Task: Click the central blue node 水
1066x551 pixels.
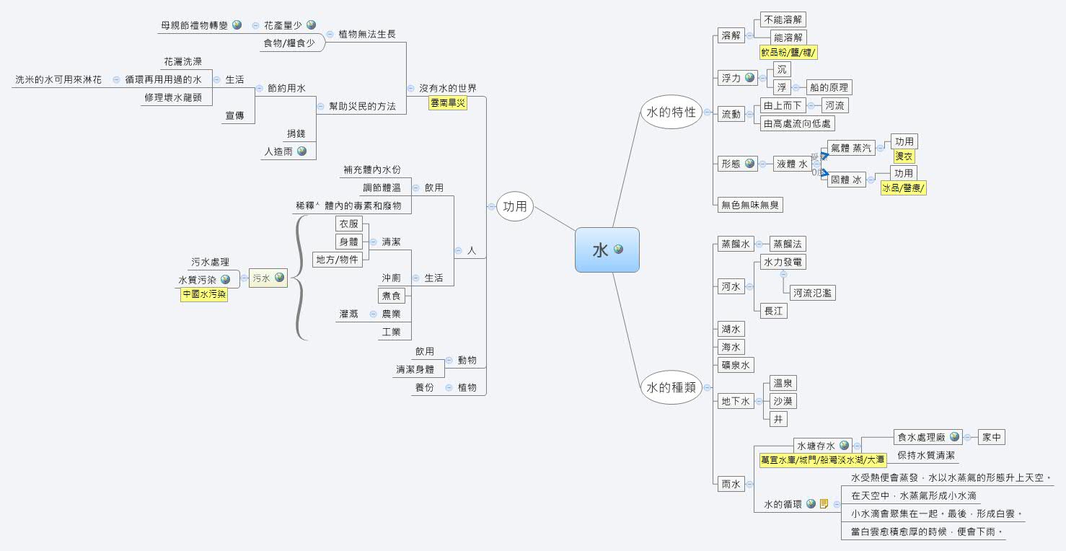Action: [x=607, y=250]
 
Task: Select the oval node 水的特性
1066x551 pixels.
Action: [x=671, y=112]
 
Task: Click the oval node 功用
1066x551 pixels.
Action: [x=514, y=207]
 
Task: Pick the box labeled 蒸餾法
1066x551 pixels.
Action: [x=787, y=244]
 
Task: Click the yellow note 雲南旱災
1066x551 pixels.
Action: [x=448, y=103]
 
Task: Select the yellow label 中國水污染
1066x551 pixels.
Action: [x=203, y=294]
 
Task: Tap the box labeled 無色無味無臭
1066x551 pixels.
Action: [x=749, y=205]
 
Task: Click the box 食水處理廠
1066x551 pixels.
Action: [x=920, y=437]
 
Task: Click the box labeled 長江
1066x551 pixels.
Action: [x=773, y=311]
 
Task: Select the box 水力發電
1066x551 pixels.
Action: [x=783, y=262]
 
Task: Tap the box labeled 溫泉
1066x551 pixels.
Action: [x=783, y=383]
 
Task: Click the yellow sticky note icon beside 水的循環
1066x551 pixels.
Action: [x=824, y=504]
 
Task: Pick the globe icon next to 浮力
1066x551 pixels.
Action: [x=750, y=78]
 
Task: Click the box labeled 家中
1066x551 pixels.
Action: [x=992, y=437]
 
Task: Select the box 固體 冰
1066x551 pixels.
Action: [x=847, y=180]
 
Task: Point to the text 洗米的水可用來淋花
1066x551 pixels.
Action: [x=58, y=79]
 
